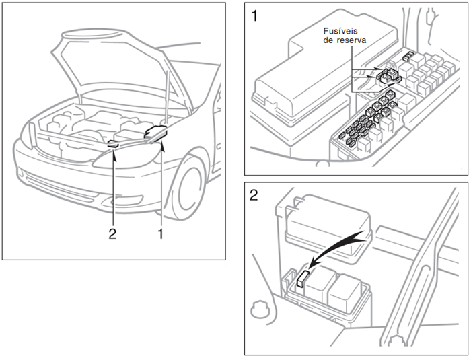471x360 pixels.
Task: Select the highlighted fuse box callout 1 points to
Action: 157,131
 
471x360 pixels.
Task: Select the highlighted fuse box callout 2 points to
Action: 113,143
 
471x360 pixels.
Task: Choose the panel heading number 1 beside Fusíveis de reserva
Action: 254,15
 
